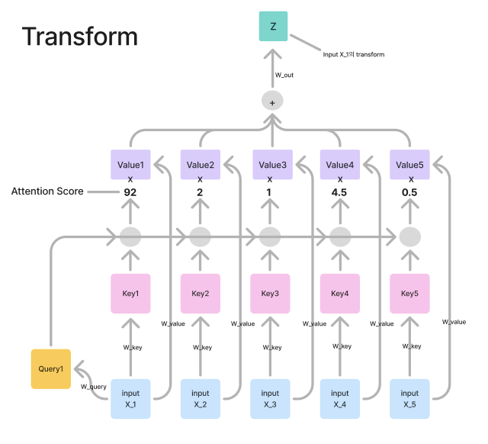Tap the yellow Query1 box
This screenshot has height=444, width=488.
coord(50,368)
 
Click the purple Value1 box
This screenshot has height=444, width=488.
coord(130,165)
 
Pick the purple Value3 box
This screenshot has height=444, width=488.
coord(272,165)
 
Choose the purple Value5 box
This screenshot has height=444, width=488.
coord(409,165)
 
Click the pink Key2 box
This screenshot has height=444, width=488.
coord(201,293)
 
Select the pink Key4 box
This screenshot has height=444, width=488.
coord(339,293)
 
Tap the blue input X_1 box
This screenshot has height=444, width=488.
coord(130,398)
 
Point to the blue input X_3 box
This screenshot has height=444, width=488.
coord(271,398)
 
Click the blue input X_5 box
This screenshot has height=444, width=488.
coord(409,398)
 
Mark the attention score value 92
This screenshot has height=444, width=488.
coord(130,192)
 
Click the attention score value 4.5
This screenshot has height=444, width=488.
coord(339,192)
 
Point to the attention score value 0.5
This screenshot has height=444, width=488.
coord(409,192)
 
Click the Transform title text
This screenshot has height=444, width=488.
coord(80,37)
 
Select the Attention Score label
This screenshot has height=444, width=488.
coord(47,191)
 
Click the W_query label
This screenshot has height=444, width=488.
coord(93,387)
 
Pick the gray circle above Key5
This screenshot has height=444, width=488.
coord(409,236)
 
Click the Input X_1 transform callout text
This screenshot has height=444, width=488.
coord(352,54)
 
